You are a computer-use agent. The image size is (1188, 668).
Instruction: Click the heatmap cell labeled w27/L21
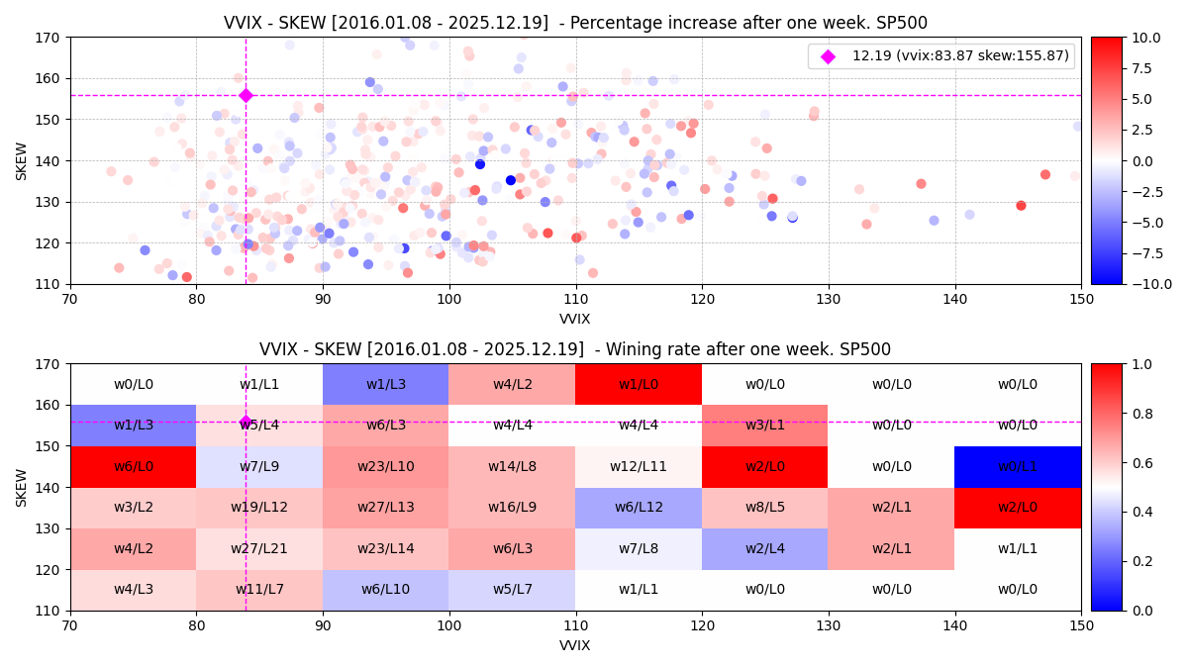pyautogui.click(x=259, y=548)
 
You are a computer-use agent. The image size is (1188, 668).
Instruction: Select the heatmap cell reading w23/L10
pyautogui.click(x=385, y=466)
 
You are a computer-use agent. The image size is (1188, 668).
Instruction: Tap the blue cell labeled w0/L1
pyautogui.click(x=1018, y=466)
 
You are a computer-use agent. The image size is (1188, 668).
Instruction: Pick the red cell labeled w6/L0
pyautogui.click(x=133, y=466)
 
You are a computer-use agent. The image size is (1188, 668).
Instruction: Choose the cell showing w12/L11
pyautogui.click(x=639, y=466)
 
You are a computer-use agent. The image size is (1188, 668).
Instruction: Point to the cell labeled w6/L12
pyautogui.click(x=639, y=507)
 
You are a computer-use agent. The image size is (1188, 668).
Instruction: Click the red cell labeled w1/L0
pyautogui.click(x=639, y=384)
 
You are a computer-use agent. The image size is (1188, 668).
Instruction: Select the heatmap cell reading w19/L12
pyautogui.click(x=259, y=507)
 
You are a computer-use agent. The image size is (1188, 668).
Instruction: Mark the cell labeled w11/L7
pyautogui.click(x=259, y=589)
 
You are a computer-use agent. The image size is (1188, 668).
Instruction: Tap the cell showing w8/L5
pyautogui.click(x=764, y=507)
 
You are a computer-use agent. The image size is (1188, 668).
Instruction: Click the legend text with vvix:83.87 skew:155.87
pyautogui.click(x=960, y=56)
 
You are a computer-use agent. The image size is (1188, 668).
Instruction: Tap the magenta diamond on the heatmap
pyautogui.click(x=246, y=422)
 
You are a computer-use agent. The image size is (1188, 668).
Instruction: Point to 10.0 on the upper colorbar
pyautogui.click(x=1145, y=38)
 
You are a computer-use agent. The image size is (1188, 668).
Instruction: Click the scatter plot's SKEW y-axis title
pyautogui.click(x=22, y=160)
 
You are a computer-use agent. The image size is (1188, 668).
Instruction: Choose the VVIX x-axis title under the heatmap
pyautogui.click(x=575, y=645)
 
